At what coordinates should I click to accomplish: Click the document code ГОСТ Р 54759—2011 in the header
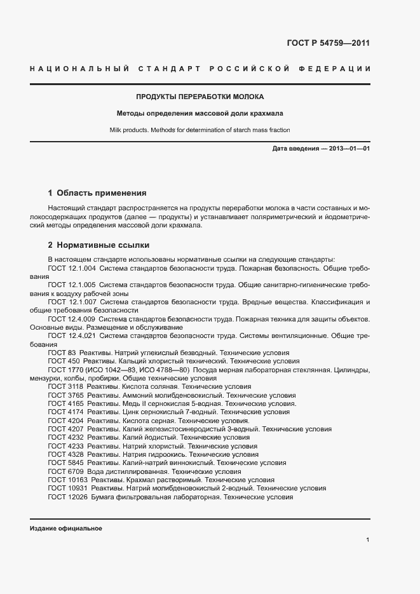coord(329,44)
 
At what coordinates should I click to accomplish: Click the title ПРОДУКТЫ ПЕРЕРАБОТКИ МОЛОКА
coord(200,97)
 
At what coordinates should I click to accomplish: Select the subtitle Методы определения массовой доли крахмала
coord(200,114)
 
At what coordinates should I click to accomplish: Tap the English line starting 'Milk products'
coord(200,130)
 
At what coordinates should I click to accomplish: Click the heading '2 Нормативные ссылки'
coord(99,245)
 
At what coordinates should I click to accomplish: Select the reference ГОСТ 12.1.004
coord(71,269)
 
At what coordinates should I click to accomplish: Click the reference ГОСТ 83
coord(62,352)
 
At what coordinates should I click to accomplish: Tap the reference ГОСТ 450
coord(64,360)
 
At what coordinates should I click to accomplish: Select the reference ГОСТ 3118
coord(65,386)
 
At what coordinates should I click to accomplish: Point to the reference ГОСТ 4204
coord(65,421)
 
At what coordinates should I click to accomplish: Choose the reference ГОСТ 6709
coord(65,471)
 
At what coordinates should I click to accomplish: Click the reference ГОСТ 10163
coord(67,480)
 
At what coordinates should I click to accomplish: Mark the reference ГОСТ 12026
coord(67,497)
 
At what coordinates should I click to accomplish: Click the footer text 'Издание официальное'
coord(65,529)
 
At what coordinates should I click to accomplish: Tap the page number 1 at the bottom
coord(368,540)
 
